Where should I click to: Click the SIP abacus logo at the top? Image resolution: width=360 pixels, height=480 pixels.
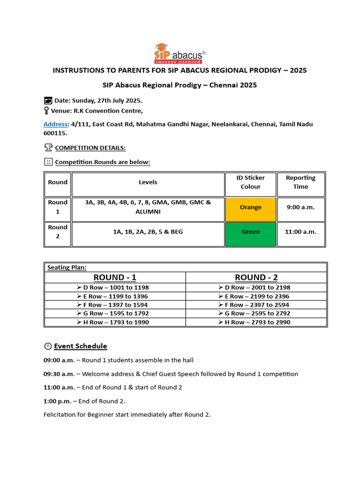click(180, 52)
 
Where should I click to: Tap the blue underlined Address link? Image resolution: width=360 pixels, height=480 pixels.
click(55, 124)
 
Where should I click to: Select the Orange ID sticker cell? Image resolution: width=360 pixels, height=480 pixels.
click(250, 207)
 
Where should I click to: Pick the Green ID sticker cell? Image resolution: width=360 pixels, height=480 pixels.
click(250, 232)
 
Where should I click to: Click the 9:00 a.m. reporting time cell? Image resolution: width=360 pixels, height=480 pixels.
click(300, 207)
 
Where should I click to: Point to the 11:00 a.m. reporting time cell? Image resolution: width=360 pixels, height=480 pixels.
click(300, 232)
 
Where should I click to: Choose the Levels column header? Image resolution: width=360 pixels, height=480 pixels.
click(148, 182)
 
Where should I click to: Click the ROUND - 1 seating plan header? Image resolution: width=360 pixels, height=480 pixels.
click(115, 277)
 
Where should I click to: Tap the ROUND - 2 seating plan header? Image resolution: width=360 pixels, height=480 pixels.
click(256, 277)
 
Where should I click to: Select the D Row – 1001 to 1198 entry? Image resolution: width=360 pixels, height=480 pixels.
click(115, 287)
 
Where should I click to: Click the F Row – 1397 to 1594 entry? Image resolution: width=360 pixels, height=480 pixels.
click(115, 305)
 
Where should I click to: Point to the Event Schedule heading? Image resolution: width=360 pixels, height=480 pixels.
click(81, 346)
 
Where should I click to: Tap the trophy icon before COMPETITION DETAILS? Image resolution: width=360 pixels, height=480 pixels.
click(48, 148)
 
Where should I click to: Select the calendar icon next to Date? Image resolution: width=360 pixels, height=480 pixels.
click(48, 100)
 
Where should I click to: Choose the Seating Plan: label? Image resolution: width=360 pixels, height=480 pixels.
click(67, 268)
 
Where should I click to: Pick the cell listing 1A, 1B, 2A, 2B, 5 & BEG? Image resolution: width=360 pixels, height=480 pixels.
click(148, 232)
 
